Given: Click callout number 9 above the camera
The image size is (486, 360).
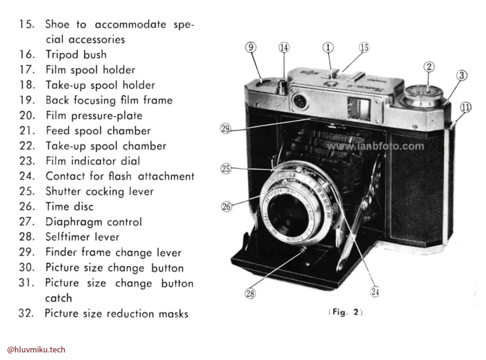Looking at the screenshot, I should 251,47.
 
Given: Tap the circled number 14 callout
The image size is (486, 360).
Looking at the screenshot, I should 284,47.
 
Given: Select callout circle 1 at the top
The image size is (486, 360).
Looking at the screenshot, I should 328,47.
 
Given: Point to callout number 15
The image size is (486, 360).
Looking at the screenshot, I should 364,47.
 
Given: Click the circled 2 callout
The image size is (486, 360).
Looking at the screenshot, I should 429,67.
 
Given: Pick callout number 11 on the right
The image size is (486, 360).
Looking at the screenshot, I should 466,108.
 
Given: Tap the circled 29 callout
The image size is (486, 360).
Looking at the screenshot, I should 225,128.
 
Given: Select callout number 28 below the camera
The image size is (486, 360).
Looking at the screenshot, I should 250,294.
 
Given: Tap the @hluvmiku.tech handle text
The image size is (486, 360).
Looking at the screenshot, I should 36,350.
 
